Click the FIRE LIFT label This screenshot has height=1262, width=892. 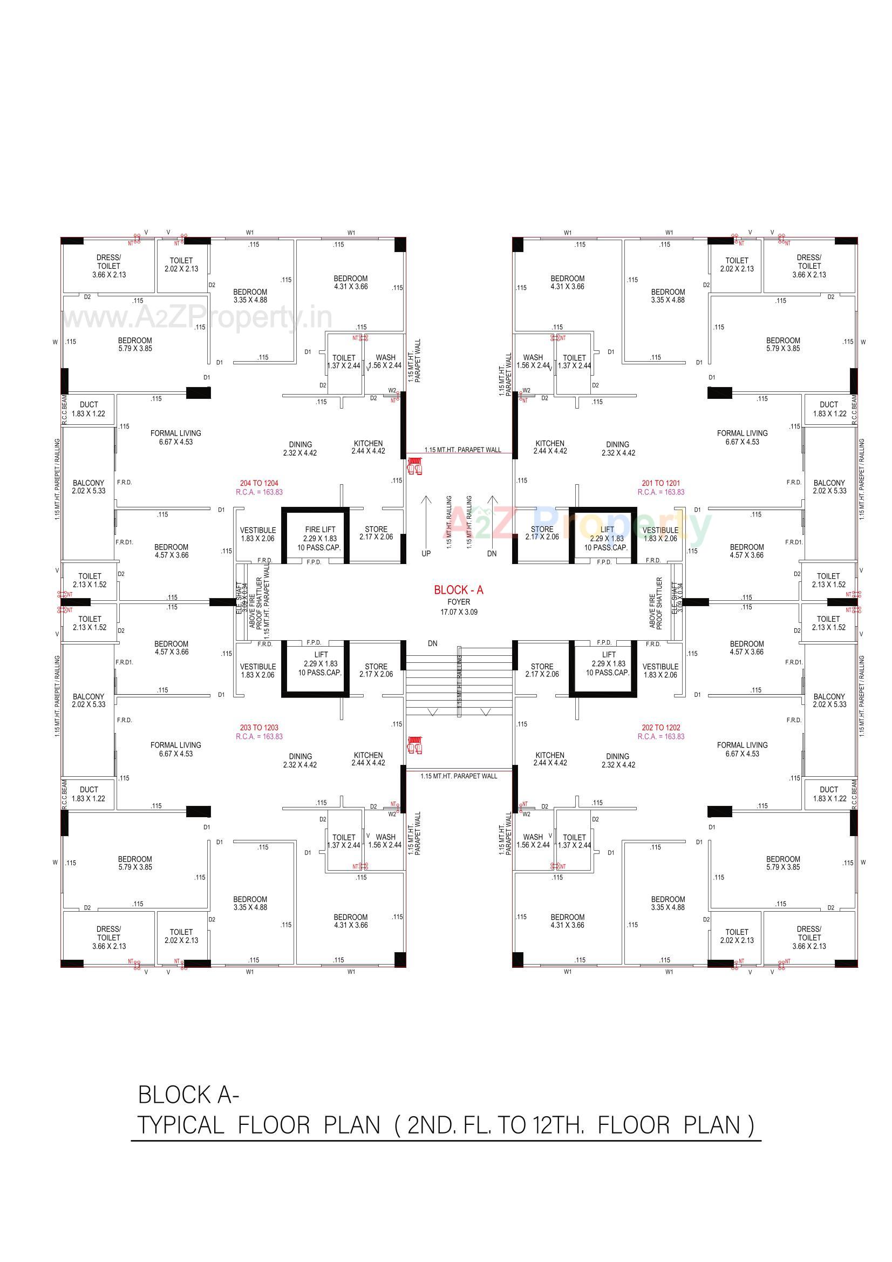tap(320, 530)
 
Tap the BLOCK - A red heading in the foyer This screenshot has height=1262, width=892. tap(458, 590)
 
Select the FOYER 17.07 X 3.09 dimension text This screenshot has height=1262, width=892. tap(458, 612)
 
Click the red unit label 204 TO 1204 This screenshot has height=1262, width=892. tap(259, 483)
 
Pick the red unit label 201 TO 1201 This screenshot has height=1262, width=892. tap(661, 483)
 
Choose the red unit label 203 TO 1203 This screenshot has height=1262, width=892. tap(259, 727)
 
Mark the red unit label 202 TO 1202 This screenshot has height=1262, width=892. tap(661, 727)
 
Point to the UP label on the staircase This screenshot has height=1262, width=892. tap(426, 553)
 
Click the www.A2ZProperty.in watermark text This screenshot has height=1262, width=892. tap(198, 318)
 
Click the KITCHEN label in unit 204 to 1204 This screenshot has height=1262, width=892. tap(368, 443)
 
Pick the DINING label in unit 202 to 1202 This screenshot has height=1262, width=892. tap(617, 756)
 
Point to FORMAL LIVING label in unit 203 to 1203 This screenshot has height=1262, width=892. tap(176, 745)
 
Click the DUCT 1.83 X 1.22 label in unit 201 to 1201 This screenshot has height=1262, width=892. tap(829, 409)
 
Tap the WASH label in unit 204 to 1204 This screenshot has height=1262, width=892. tap(385, 357)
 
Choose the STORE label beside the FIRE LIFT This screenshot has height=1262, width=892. tap(376, 529)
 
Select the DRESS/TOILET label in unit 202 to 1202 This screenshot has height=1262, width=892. tap(808, 933)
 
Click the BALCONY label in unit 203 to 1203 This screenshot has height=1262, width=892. tap(88, 696)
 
